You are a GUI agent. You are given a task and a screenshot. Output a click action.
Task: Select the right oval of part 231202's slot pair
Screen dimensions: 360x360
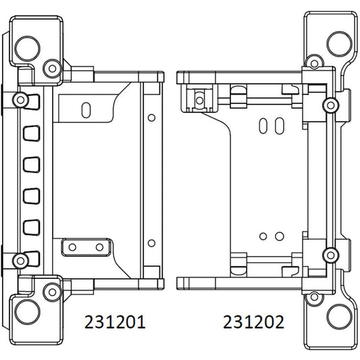278,126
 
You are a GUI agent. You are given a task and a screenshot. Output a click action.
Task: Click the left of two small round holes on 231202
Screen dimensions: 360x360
264,236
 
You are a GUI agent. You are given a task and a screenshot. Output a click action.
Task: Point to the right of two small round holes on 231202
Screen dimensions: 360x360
277,236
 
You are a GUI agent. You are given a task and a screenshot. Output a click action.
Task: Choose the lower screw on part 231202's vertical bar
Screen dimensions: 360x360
330,255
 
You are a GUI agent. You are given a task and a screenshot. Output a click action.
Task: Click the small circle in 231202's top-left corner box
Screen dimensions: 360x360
199,99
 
